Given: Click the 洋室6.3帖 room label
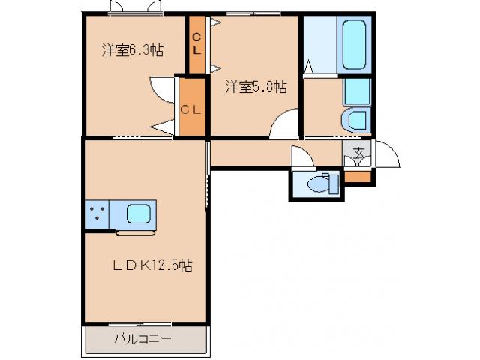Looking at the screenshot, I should pos(133,51).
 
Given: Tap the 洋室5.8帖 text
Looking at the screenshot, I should pos(256,88).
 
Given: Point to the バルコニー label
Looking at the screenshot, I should pos(142,339).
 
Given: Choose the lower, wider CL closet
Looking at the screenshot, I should pos(191,107).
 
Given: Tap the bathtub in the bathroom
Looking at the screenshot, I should pos(353,45).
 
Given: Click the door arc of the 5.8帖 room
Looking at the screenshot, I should pos(284,123).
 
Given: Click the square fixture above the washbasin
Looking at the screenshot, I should pos(357,91).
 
